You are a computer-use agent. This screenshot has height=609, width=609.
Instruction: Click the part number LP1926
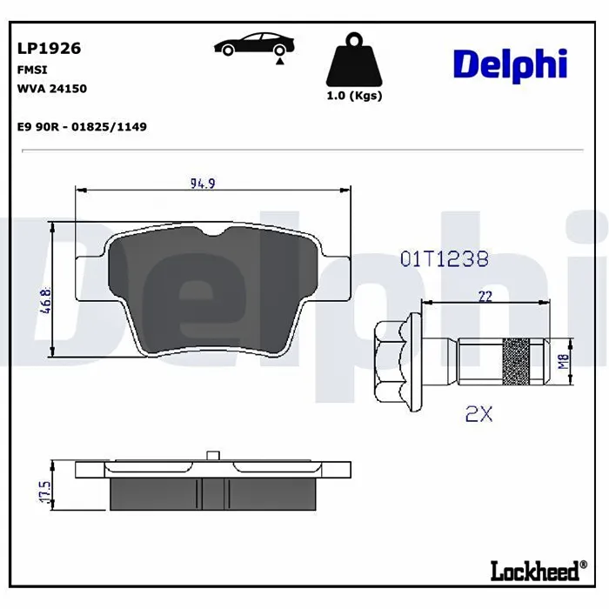(x=49, y=48)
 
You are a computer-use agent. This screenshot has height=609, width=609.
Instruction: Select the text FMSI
(x=32, y=70)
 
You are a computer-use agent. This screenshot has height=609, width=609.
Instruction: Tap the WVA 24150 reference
(x=52, y=89)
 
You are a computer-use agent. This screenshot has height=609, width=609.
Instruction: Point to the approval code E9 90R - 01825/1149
(x=82, y=127)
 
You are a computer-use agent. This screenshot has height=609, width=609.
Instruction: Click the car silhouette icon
(x=254, y=44)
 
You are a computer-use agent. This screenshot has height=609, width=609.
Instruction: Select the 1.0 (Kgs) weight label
(x=354, y=96)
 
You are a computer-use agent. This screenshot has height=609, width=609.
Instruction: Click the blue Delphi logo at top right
(x=511, y=65)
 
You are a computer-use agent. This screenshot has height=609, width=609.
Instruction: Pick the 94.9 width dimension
(x=203, y=184)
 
